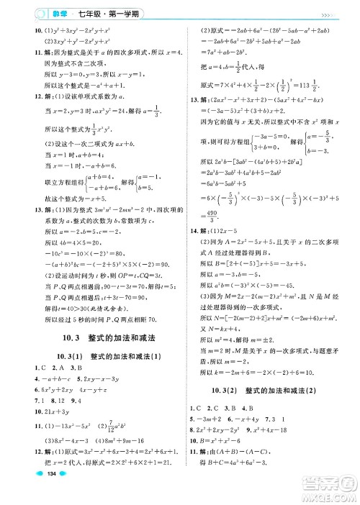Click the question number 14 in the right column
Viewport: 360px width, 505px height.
(193, 230)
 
